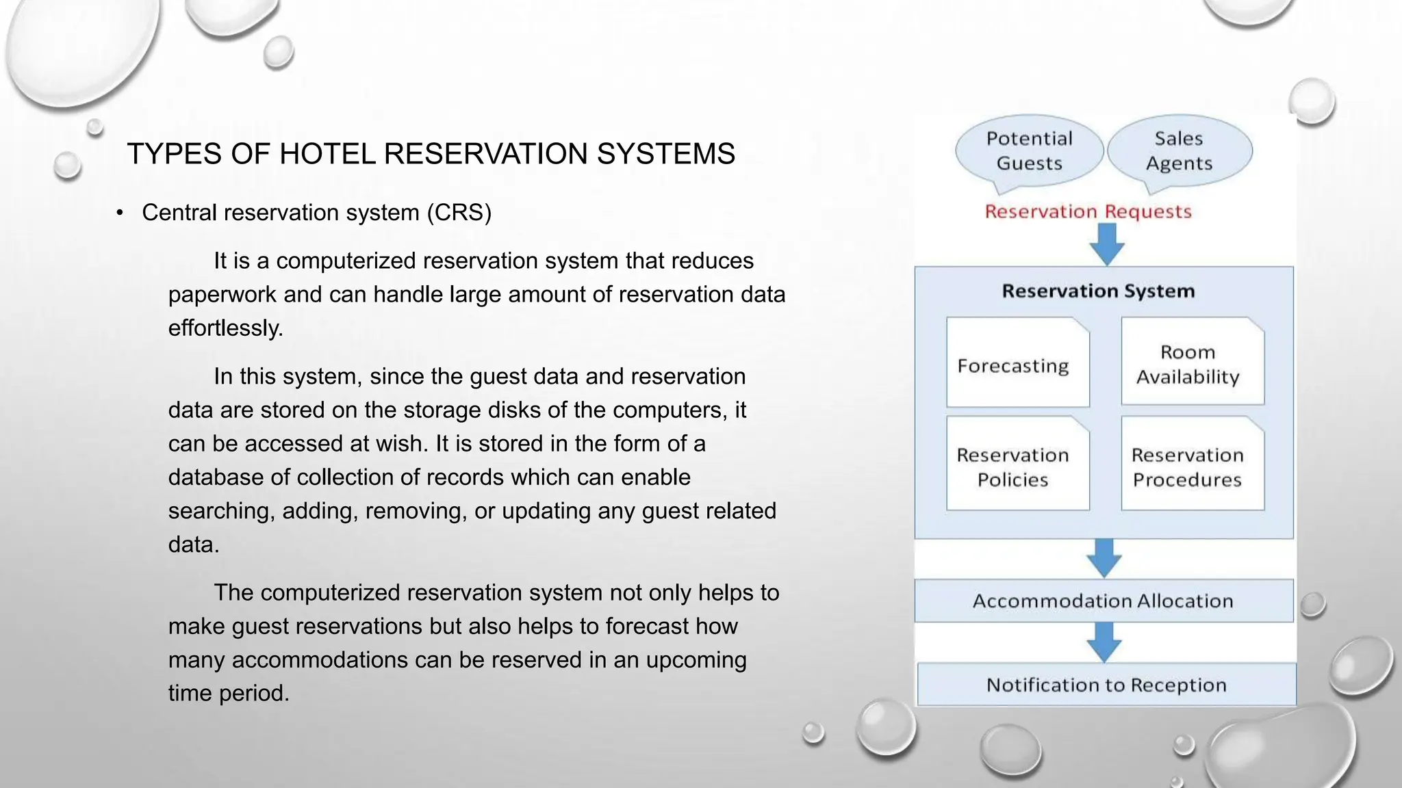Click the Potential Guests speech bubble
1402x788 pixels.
tap(1029, 151)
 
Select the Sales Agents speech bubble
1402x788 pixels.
tap(1179, 151)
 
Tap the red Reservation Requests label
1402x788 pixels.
tap(1088, 211)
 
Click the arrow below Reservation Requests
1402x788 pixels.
tap(1106, 244)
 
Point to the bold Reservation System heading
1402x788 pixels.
tap(1098, 291)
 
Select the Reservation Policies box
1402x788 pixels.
tap(1017, 466)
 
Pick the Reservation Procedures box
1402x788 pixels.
tap(1192, 466)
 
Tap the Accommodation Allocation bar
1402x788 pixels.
tap(1103, 601)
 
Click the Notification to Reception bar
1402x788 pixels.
tap(1106, 685)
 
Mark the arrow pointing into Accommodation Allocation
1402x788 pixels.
tap(1104, 557)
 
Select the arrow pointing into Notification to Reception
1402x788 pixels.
tap(1104, 642)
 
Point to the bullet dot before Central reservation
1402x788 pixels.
tap(120, 213)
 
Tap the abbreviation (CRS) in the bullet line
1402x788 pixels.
tap(459, 213)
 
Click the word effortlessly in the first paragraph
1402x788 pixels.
tap(225, 328)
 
